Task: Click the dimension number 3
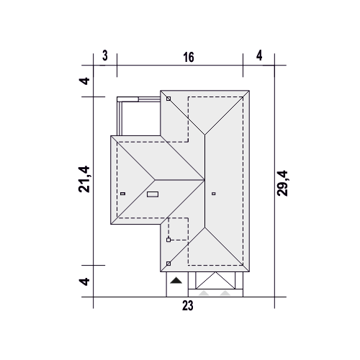(105, 55)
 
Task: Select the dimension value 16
(189, 58)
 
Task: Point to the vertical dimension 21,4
(84, 179)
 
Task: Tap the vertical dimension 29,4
(282, 184)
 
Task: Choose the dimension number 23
(188, 306)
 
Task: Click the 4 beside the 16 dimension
(259, 55)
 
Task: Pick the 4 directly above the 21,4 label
(85, 81)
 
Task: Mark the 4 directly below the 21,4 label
(85, 282)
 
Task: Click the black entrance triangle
(176, 280)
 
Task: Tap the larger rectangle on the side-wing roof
(153, 194)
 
